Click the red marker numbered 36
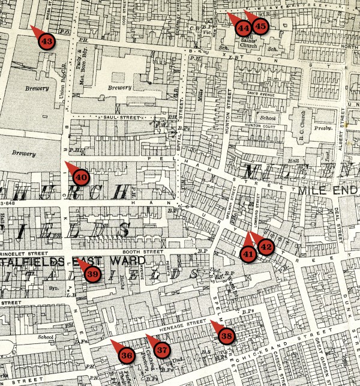127,355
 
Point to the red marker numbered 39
92,274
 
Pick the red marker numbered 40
82,176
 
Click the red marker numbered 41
248,253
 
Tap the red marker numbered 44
243,27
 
